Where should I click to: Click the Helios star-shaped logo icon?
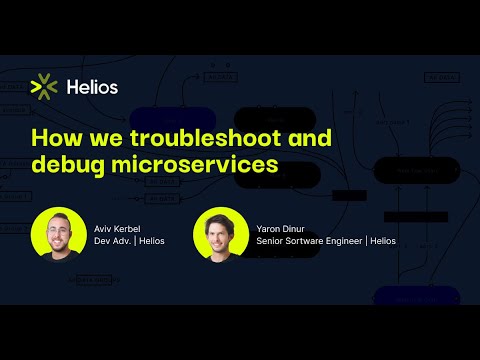[44, 87]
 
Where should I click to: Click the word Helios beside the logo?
[91, 87]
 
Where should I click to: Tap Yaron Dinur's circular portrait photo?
[220, 233]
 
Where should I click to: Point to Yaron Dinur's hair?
[220, 217]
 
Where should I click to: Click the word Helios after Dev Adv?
[152, 240]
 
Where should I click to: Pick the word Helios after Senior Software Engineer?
[380, 240]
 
